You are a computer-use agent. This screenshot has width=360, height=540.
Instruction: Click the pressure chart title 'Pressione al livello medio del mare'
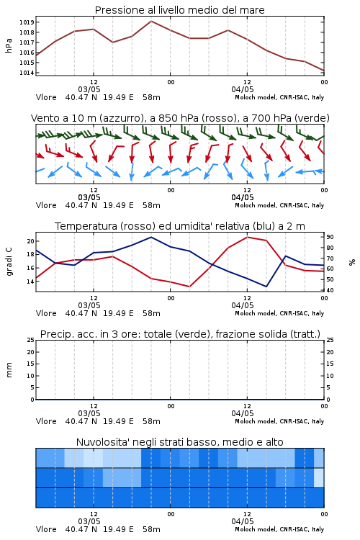click(x=179, y=10)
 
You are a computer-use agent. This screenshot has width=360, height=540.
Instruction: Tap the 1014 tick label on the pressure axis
click(x=26, y=73)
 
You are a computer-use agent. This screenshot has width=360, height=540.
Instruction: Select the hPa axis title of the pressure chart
click(x=9, y=45)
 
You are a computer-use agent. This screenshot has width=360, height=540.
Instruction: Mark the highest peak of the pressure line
click(x=151, y=21)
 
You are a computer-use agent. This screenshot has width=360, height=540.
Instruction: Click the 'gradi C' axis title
click(x=9, y=262)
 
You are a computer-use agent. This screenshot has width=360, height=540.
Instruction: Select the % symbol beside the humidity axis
click(x=352, y=262)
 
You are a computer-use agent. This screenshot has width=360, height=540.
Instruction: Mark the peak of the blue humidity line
click(x=151, y=237)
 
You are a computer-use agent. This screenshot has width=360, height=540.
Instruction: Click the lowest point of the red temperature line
click(x=189, y=287)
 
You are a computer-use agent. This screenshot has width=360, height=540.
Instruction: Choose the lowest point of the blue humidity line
click(x=266, y=287)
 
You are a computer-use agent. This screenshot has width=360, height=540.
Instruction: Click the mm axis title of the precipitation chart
click(x=9, y=369)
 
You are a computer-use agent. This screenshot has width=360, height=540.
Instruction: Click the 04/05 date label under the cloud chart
click(x=243, y=521)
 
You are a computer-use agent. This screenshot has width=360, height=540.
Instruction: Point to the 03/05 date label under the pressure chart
click(x=89, y=89)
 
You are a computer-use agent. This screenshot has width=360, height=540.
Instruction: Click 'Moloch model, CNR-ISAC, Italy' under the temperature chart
click(x=279, y=313)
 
